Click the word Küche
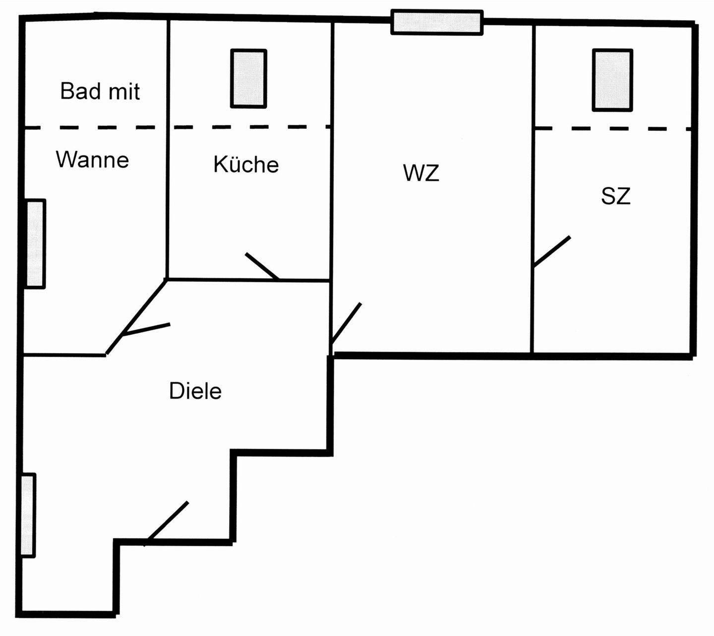[x=246, y=164]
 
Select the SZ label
[x=615, y=196]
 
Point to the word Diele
[x=195, y=391]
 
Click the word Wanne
[x=92, y=159]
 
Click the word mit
[x=124, y=92]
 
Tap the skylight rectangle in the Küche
[x=248, y=78]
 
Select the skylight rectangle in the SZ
[x=612, y=80]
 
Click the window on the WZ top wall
[x=437, y=22]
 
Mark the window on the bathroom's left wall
[x=35, y=244]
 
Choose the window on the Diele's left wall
[x=28, y=515]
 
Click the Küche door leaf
[x=262, y=266]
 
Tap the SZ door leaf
[x=552, y=252]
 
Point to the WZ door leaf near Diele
[x=346, y=323]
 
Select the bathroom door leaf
[x=146, y=330]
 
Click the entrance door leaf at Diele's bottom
[x=167, y=523]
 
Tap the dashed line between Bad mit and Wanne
[x=94, y=128]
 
